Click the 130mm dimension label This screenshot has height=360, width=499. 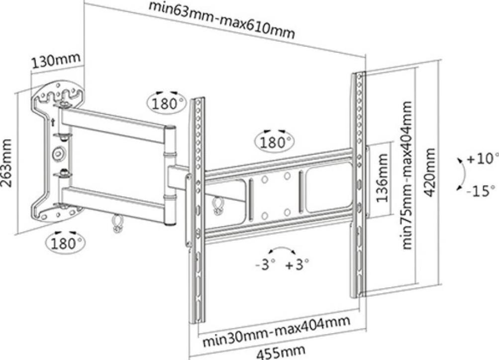pos(56,62)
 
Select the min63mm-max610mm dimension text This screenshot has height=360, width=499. pos(222,20)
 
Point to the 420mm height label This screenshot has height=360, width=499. pos(431,172)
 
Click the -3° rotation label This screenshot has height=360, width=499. pos(265,264)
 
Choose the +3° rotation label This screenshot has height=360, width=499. pos(297,264)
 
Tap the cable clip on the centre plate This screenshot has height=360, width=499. pos(217,205)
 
